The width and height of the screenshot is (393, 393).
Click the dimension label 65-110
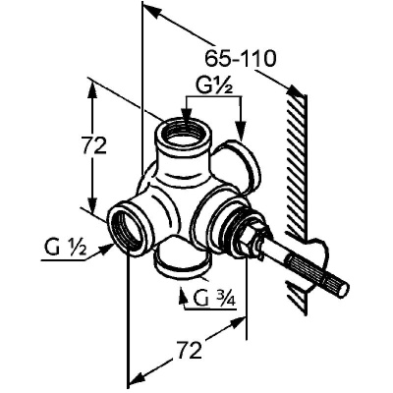(241, 59)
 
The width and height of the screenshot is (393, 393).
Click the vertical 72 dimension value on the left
(94, 145)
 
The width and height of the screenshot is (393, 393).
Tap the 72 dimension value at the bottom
(189, 350)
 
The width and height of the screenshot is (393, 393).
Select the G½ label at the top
(214, 85)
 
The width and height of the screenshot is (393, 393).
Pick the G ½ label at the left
(65, 249)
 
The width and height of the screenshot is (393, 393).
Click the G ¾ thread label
(214, 298)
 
